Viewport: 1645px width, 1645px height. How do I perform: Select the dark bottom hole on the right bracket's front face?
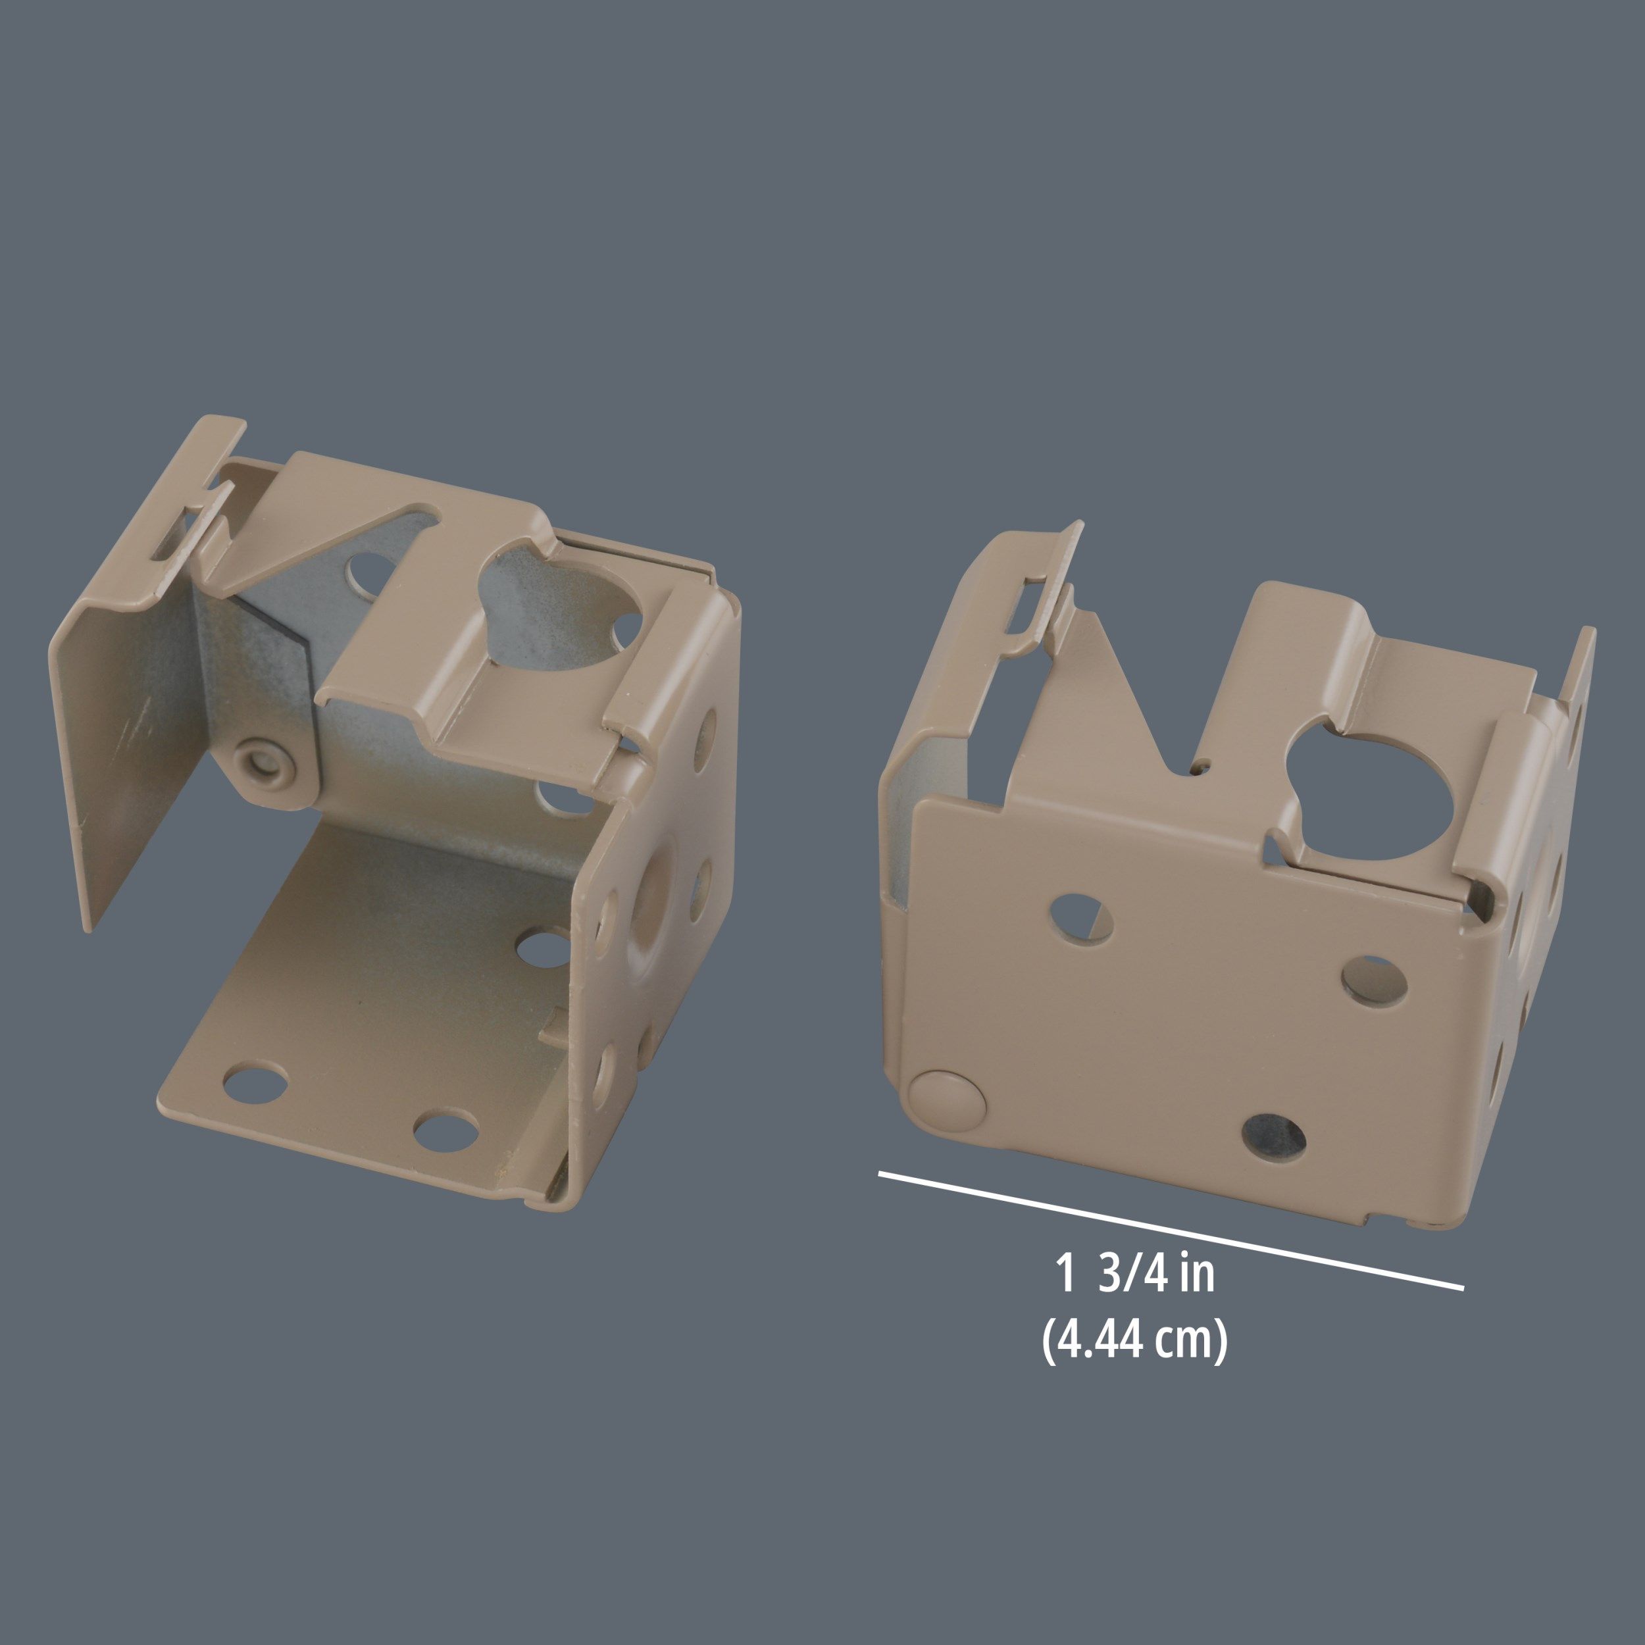coord(1274,1136)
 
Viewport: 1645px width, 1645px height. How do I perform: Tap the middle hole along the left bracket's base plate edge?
coord(445,1130)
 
